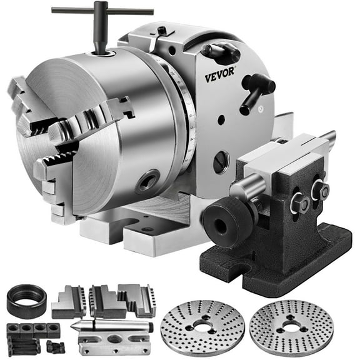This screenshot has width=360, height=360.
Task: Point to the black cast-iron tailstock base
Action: pyautogui.click(x=281, y=250)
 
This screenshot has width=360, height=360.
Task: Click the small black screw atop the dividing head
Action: pyautogui.click(x=162, y=30)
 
